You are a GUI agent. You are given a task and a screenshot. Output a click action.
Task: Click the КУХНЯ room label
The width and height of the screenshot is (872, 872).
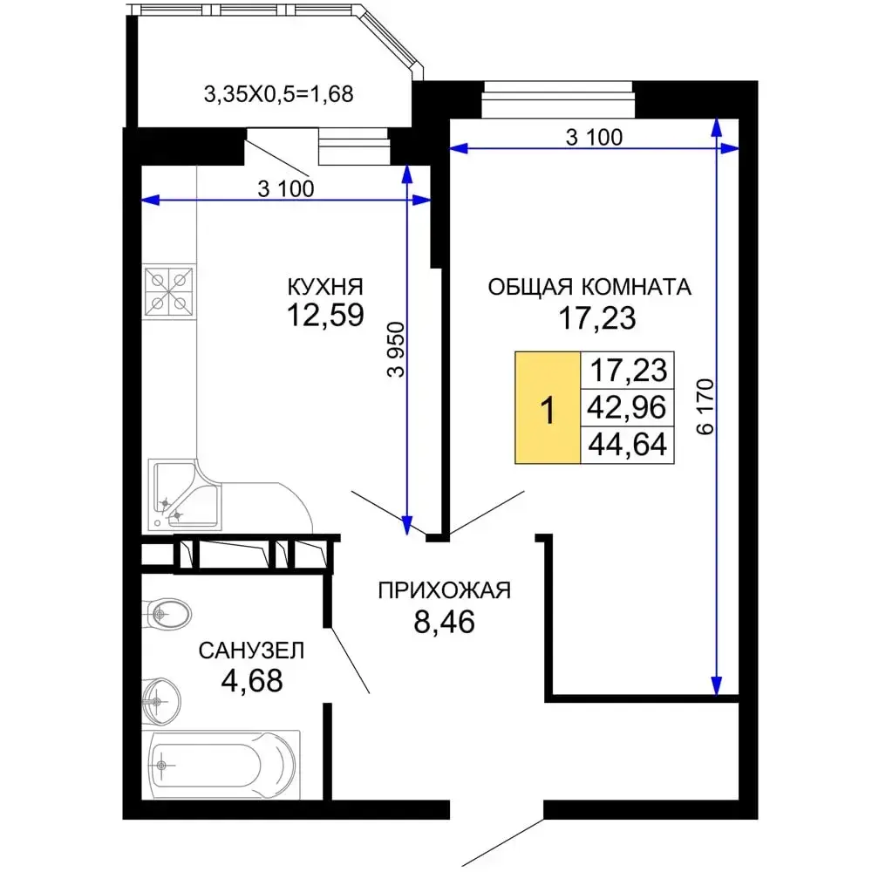point(325,287)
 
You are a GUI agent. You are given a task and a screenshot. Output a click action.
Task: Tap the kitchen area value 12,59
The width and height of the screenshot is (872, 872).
point(325,315)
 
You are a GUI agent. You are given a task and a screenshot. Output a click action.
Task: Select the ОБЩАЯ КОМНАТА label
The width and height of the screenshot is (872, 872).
point(589,287)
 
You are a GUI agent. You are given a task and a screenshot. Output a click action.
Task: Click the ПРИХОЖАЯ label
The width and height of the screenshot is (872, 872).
point(445,590)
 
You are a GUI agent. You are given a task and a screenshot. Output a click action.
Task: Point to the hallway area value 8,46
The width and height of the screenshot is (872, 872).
point(445,622)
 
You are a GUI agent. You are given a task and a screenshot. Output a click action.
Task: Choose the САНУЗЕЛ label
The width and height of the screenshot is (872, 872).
point(251,651)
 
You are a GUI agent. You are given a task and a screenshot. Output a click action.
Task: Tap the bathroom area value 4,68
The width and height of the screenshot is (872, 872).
point(252,681)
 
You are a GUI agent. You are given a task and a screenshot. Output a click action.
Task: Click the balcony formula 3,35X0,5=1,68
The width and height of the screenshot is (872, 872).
point(279,94)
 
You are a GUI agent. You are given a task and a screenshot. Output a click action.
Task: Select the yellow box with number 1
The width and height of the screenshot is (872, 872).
point(548,407)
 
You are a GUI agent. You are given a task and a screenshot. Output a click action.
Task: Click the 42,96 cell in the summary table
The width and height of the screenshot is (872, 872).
point(627,407)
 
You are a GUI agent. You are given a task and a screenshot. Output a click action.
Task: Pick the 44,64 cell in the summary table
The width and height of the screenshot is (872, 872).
point(627,445)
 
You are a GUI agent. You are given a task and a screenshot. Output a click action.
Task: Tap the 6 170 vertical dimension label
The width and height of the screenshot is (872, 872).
point(705,406)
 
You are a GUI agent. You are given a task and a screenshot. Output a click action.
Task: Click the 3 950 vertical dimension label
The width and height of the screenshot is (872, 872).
point(397,350)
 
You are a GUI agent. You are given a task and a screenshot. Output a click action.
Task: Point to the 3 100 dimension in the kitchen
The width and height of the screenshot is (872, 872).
point(286,189)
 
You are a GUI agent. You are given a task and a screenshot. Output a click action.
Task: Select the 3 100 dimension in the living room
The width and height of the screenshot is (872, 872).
point(594,138)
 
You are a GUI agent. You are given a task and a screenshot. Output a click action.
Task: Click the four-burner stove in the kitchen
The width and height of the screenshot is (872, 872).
point(169,291)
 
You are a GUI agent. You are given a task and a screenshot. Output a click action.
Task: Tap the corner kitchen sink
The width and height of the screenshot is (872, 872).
point(184,495)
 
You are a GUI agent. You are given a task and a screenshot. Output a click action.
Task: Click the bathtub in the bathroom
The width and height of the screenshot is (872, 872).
point(221,766)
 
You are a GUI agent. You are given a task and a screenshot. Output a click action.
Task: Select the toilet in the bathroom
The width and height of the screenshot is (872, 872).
point(167,615)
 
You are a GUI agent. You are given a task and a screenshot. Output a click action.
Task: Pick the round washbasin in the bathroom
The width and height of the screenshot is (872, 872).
point(160,702)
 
